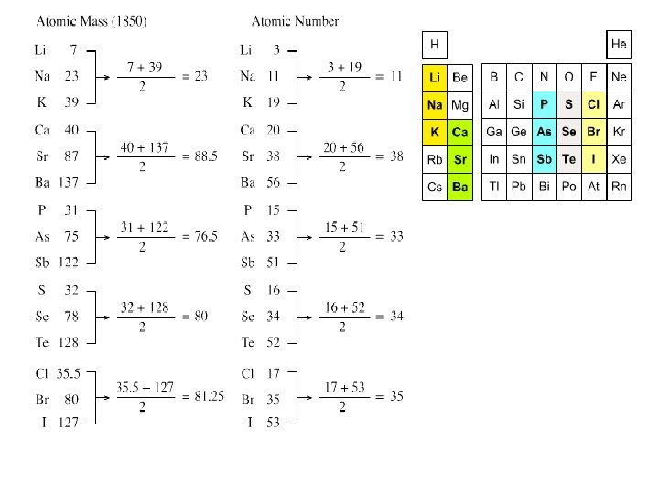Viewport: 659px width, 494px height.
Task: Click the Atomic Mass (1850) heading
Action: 92,21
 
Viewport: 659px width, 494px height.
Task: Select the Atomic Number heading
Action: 295,21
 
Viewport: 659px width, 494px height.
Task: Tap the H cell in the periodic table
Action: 435,44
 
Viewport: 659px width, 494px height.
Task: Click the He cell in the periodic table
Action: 620,44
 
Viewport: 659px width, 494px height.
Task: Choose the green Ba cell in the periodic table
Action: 460,187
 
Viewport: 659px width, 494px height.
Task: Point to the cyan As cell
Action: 545,132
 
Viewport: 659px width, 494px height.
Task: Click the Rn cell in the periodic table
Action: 620,187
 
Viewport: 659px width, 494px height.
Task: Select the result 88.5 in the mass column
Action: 206,156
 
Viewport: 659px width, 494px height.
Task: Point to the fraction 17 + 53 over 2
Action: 343,396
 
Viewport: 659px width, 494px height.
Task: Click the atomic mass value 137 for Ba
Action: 69,182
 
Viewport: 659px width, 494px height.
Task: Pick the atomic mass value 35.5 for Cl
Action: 70,373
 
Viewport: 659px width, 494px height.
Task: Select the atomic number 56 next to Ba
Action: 273,182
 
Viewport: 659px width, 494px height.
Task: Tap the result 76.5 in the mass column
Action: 206,236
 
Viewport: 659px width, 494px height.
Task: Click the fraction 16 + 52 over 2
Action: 343,317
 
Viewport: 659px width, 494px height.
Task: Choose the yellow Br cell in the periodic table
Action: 594,132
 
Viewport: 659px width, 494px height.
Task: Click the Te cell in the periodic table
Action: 569,159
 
